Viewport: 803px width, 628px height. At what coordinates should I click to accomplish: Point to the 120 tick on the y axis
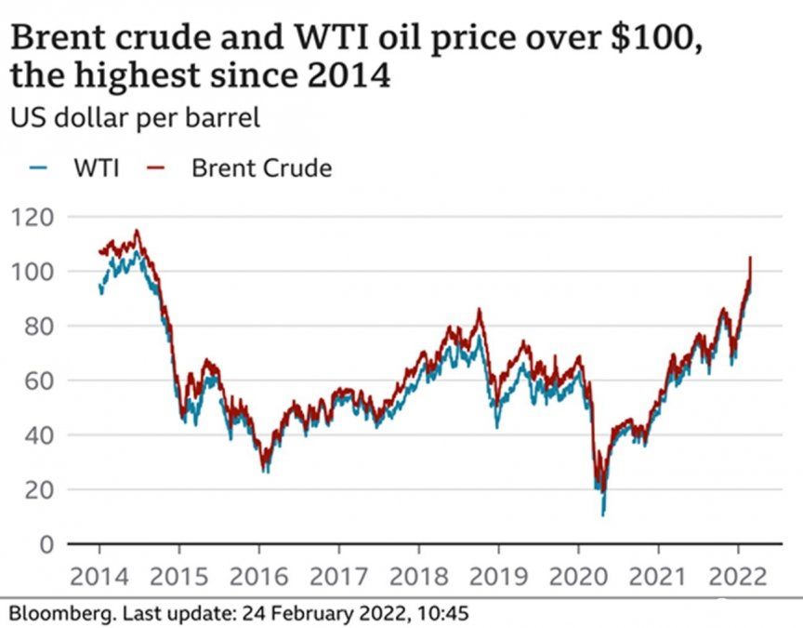(33, 218)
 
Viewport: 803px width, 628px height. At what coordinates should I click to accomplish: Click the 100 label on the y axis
(33, 272)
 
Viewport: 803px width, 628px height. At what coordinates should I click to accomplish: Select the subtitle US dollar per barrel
(135, 118)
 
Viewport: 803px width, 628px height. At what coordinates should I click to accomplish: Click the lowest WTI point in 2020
(603, 514)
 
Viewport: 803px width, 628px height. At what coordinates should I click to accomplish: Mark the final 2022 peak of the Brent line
(750, 258)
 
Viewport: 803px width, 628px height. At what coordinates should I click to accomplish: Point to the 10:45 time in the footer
(442, 613)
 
